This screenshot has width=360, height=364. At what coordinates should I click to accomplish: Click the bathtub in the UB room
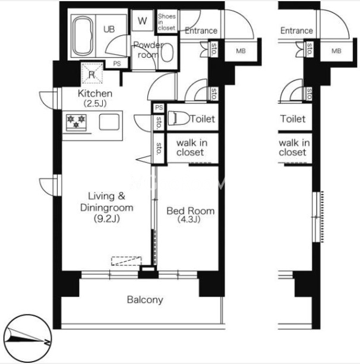pos(83,36)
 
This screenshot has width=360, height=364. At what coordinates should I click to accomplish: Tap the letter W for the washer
pos(143,21)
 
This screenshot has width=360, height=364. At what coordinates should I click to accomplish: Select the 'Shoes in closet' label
pos(167,22)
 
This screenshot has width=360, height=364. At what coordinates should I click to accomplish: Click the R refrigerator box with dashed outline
pos(92,73)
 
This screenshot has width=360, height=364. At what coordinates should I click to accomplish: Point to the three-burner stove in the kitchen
pos(76,122)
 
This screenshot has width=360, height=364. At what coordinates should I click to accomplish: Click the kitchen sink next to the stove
pos(109,122)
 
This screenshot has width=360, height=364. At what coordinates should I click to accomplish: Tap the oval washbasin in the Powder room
pos(167,53)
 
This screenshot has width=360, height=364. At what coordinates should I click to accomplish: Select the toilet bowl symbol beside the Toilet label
pos(178,118)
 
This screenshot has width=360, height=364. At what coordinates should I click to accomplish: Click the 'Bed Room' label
pos(191,211)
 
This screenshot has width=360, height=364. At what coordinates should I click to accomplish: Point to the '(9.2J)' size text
pos(107,218)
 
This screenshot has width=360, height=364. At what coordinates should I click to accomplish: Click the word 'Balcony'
pos(145,300)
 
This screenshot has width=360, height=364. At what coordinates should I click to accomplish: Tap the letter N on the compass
pos(47,342)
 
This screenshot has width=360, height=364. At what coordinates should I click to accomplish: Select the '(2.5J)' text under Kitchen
pos(95,103)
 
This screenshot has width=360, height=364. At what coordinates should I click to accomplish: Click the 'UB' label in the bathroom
pos(109,30)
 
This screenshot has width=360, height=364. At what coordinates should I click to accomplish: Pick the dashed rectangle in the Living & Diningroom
pos(127,261)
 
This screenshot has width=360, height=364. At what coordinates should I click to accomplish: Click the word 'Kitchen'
pos(95,93)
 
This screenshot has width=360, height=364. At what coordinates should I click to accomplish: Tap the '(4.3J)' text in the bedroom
pos(189,219)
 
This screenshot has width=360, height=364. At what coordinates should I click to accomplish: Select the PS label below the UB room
pos(117,64)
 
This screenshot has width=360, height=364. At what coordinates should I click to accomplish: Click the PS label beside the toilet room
pos(159,108)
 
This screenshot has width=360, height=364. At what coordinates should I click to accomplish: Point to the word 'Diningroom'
pos(106,208)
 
